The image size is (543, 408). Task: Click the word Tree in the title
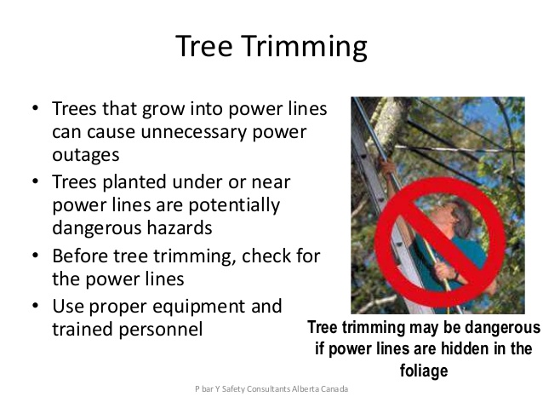[204, 46]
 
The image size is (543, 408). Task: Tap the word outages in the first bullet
[86, 155]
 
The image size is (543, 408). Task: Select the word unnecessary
[194, 132]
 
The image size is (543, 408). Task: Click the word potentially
[234, 205]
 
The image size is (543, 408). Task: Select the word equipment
[199, 307]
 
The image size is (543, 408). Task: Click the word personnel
[161, 330]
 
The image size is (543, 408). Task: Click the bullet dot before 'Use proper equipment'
[35, 306]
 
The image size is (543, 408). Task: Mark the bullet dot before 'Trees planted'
[35, 181]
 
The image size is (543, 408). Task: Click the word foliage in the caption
[424, 371]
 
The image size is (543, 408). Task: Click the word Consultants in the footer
[268, 389]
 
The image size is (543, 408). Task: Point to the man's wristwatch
[456, 276]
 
